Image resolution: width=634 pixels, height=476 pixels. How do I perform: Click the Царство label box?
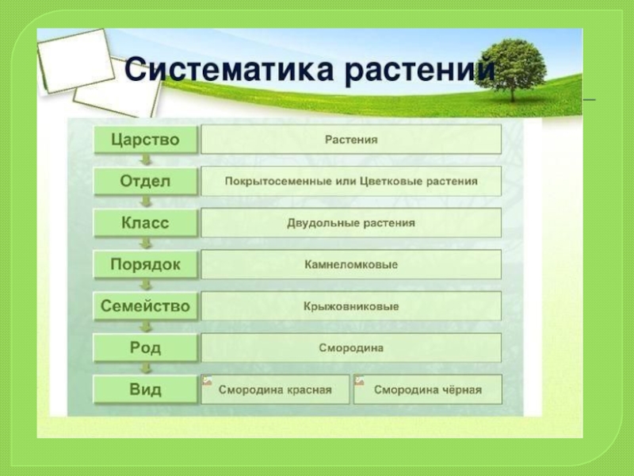(145, 140)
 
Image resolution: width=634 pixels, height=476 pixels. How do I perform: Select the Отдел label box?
(145, 182)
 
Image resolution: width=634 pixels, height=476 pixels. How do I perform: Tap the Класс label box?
(145, 223)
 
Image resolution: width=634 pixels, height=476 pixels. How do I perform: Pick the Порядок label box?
(145, 265)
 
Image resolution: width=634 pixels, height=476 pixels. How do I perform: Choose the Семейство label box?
(145, 306)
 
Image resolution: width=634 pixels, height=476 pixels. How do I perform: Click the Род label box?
(145, 347)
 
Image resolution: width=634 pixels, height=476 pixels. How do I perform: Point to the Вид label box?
(145, 390)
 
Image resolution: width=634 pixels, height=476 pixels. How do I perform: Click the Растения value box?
(351, 140)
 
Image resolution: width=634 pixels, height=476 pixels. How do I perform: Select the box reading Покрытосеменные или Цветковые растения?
(351, 182)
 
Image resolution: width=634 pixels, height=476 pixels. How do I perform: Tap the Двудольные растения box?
(351, 223)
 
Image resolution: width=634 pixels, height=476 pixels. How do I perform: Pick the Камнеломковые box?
(351, 265)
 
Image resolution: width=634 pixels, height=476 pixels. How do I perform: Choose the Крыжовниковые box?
(351, 306)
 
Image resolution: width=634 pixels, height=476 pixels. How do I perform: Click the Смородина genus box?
(351, 347)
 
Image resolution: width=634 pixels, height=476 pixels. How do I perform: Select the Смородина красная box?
(275, 390)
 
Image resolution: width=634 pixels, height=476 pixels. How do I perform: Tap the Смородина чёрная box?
(427, 390)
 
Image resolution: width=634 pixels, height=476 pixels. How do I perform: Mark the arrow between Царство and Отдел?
(146, 160)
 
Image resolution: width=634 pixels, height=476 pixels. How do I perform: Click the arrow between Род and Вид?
(146, 369)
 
